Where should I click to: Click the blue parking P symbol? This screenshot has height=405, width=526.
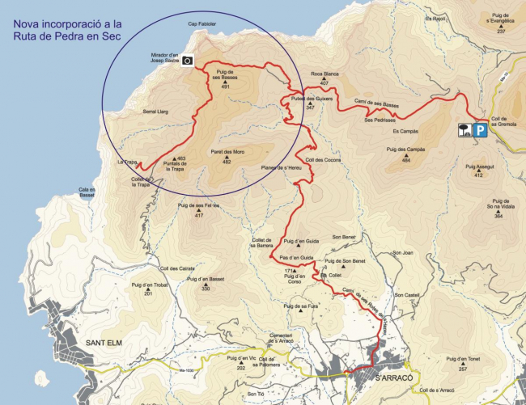point(480,129)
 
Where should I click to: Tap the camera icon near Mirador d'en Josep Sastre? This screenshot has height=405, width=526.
point(187,60)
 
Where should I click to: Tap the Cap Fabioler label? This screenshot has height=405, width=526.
point(201,23)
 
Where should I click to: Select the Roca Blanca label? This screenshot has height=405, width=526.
point(325,74)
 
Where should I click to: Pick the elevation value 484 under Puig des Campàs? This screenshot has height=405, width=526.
point(406,161)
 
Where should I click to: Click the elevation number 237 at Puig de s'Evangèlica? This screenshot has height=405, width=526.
point(501,31)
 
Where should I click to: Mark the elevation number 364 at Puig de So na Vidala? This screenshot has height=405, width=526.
point(499,216)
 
